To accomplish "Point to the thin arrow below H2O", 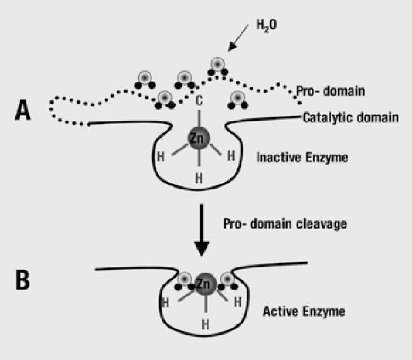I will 240,42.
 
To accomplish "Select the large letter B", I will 23,280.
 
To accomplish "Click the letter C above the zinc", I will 199,101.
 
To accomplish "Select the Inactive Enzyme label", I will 302,157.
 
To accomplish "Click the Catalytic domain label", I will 350,118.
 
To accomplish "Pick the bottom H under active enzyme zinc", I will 204,323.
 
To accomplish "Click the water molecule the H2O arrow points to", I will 217,65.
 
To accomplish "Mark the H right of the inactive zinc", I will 231,155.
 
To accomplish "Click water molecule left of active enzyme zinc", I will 184,279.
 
